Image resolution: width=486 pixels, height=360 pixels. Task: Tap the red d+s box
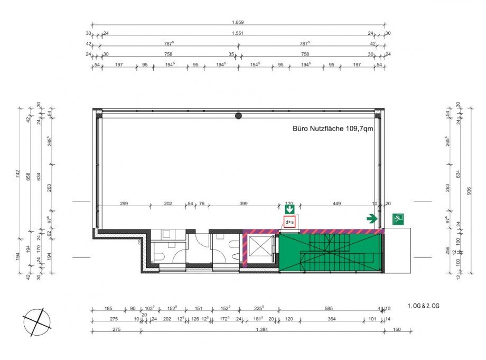pyautogui.click(x=289, y=223)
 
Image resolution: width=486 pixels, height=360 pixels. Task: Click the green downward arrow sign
pyautogui.click(x=289, y=209)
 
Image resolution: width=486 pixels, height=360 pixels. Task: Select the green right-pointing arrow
pyautogui.click(x=372, y=218)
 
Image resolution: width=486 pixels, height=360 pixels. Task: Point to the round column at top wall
pyautogui.click(x=239, y=115)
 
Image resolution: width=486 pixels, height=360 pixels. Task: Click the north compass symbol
pyautogui.click(x=36, y=321)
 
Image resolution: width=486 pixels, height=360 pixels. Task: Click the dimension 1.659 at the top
pyautogui.click(x=238, y=22)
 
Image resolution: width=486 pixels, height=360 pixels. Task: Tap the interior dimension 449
pyautogui.click(x=337, y=202)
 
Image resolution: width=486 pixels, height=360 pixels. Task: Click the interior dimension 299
pyautogui.click(x=124, y=202)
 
